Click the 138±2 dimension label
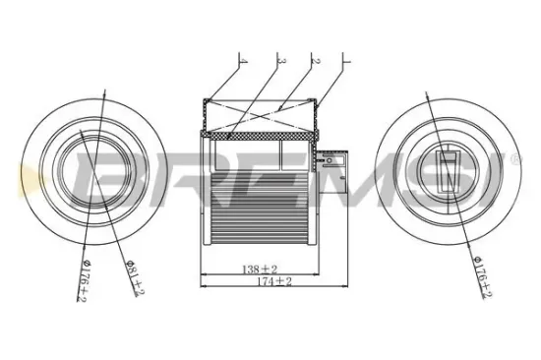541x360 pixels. [x=260, y=269]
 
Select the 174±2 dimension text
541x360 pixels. [x=274, y=281]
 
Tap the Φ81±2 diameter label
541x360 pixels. [x=136, y=277]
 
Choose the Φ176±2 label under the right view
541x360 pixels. [x=483, y=276]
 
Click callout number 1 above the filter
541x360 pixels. [x=347, y=61]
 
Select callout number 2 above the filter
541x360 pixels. [x=315, y=61]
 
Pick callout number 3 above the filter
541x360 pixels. [x=281, y=61]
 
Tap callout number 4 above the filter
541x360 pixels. [x=243, y=61]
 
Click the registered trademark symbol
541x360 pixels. [x=514, y=159]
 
